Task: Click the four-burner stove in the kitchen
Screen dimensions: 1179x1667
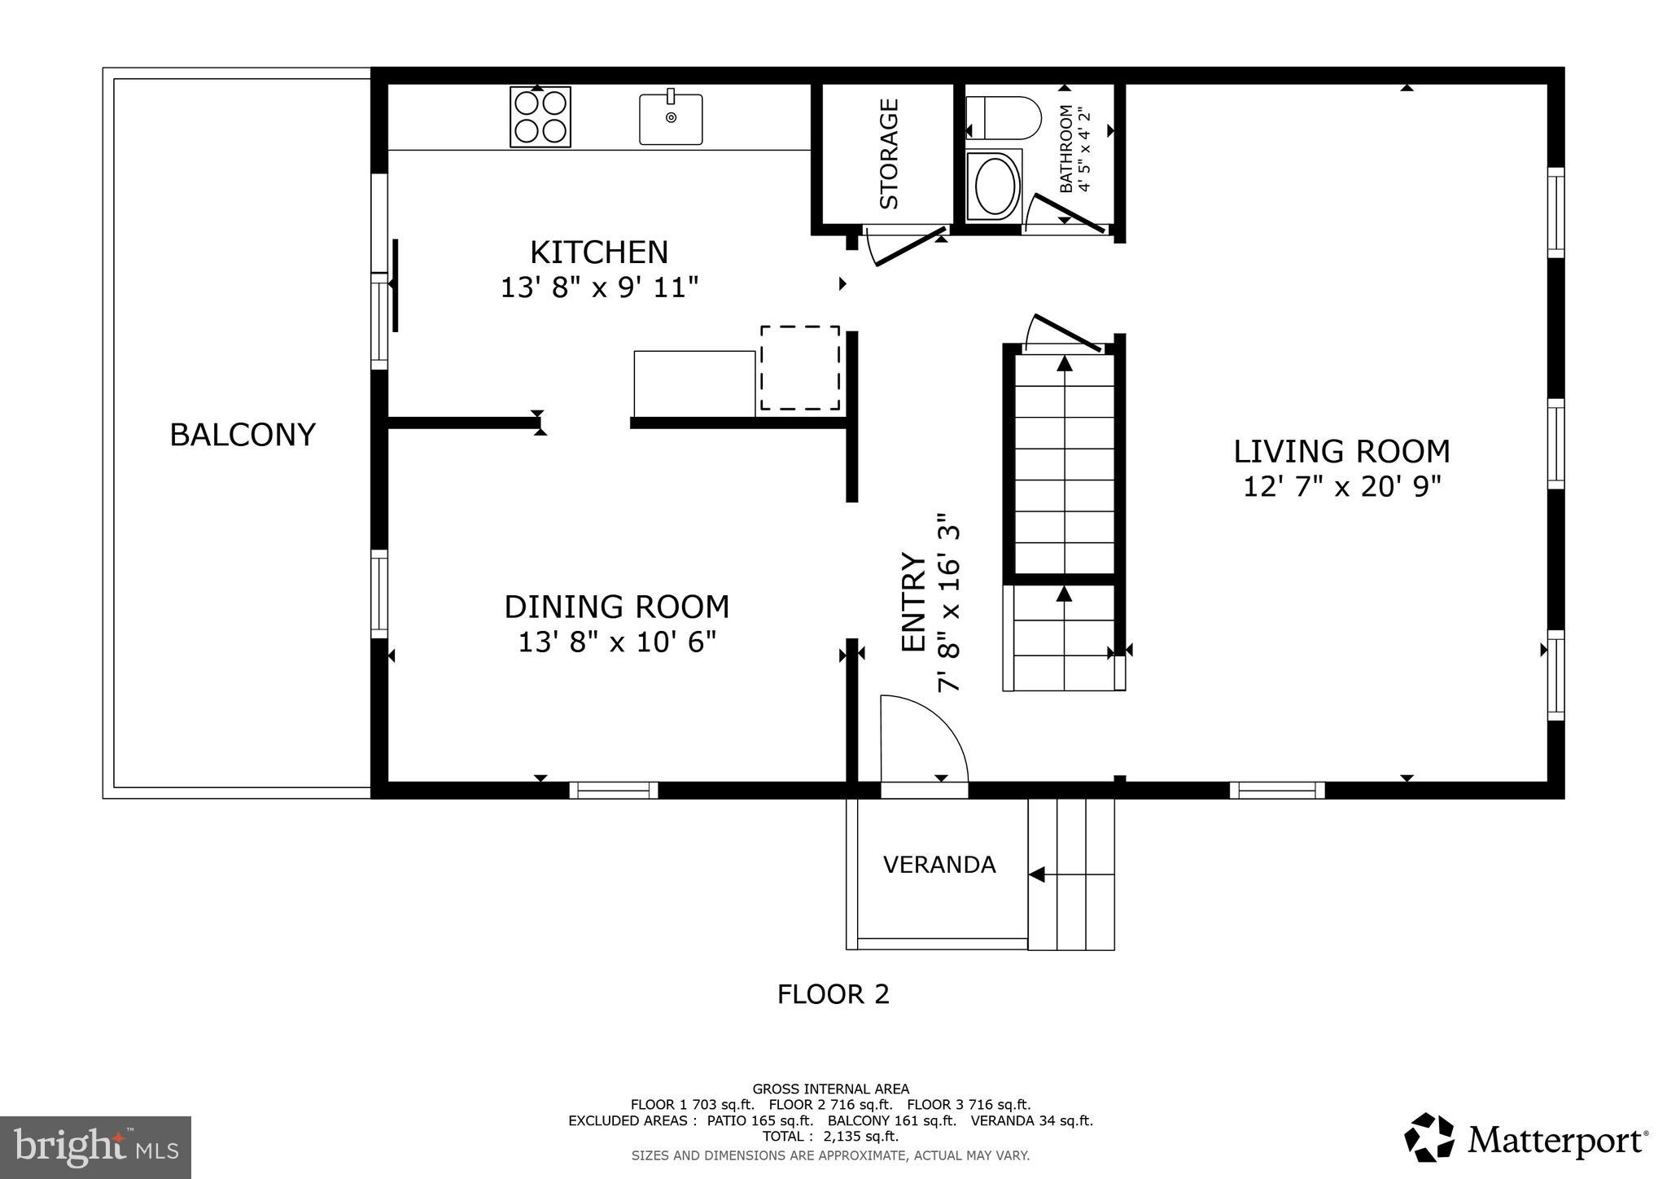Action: [540, 116]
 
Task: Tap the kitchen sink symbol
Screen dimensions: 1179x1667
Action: [671, 119]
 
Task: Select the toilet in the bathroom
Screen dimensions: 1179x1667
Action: [1004, 118]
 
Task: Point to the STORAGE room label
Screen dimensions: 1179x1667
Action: [889, 153]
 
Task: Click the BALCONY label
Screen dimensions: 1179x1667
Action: [242, 435]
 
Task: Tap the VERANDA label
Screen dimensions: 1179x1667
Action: [939, 865]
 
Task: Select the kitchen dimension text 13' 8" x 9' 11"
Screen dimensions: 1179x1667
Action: [599, 287]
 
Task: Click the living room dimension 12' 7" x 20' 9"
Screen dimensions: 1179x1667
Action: [1341, 487]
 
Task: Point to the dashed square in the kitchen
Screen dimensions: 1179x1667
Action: [799, 368]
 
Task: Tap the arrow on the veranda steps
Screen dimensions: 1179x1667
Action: [1037, 874]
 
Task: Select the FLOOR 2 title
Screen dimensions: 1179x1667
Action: [833, 994]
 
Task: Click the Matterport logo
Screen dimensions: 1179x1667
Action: [1527, 1139]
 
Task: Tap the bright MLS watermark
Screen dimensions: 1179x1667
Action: [96, 1146]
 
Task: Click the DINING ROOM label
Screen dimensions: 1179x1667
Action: [616, 607]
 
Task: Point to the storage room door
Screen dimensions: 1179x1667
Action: [904, 247]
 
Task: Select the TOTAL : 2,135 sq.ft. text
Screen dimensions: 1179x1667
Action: [830, 1137]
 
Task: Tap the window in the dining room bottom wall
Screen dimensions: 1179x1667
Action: [613, 790]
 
